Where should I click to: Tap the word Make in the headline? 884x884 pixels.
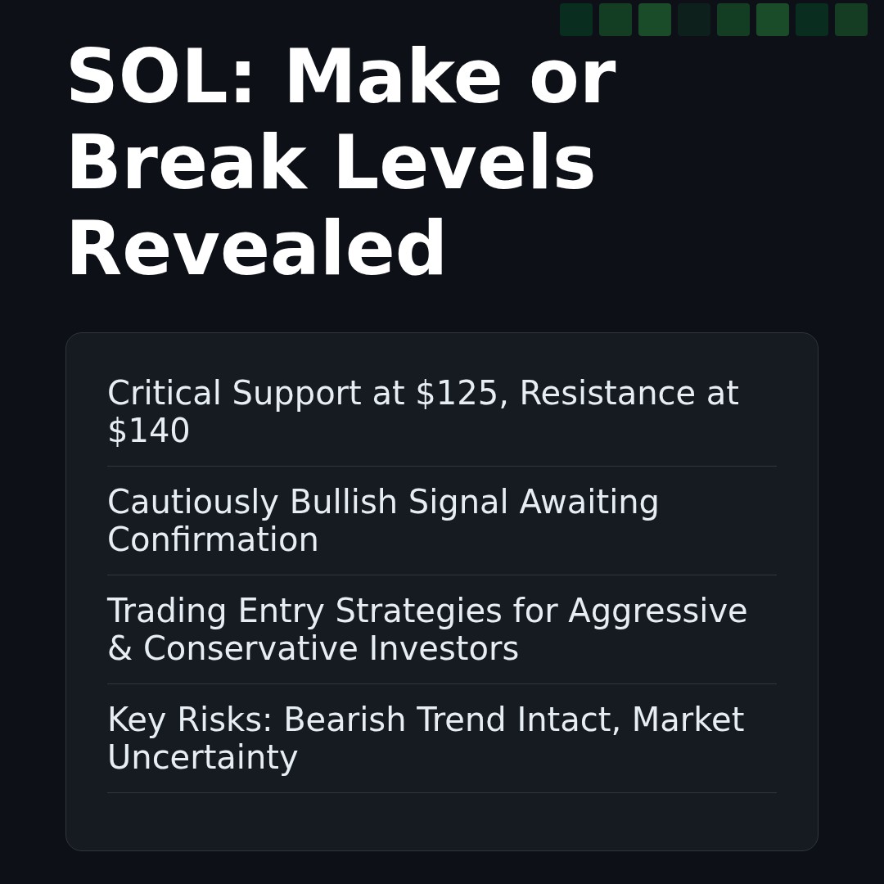[392, 79]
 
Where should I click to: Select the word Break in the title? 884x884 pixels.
[186, 165]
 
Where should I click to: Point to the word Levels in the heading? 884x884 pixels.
[464, 165]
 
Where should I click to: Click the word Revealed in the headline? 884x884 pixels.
[256, 250]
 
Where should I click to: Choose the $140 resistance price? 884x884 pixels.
[148, 432]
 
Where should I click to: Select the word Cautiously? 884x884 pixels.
[193, 503]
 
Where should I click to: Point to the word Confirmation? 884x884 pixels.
[213, 541]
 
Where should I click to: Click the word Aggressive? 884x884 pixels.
[657, 612]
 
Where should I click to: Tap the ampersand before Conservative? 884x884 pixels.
[120, 650]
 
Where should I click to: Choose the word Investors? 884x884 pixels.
[443, 650]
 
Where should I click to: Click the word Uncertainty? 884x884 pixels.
[202, 759]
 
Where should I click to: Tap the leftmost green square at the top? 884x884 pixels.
[576, 20]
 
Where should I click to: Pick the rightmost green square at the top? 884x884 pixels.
[851, 20]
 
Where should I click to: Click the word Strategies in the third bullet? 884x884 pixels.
[418, 612]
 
